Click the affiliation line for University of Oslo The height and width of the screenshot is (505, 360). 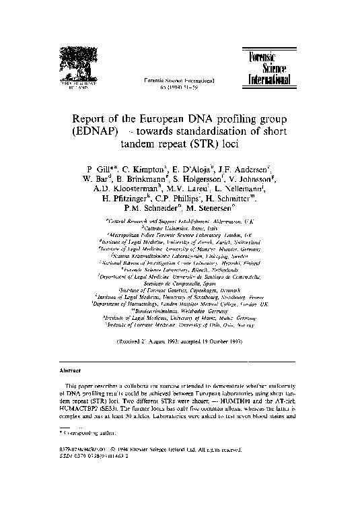181,324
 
